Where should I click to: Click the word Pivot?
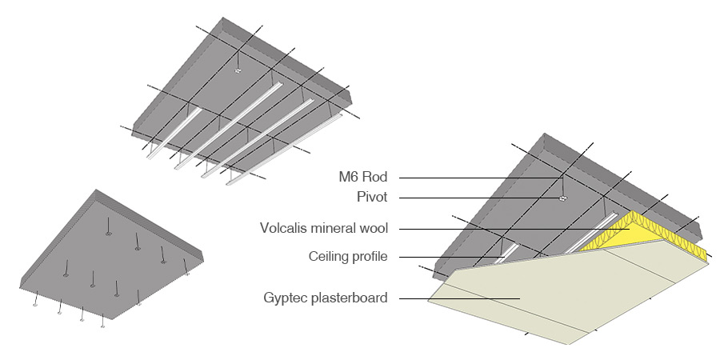click(x=370, y=197)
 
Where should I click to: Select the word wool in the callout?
click(x=373, y=228)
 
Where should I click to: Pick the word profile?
click(x=370, y=257)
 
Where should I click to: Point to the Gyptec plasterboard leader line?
click(x=456, y=299)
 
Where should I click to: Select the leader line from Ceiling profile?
click(x=448, y=257)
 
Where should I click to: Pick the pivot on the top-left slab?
click(x=238, y=72)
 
